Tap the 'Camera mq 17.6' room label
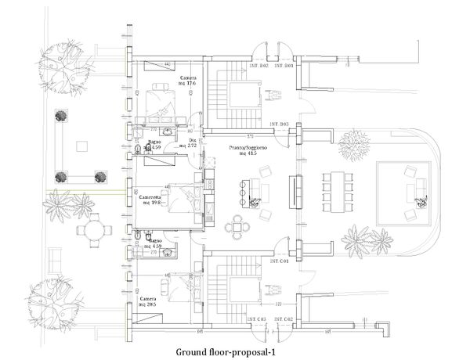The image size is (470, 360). click(x=188, y=83)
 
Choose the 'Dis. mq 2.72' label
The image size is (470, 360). click(x=188, y=144)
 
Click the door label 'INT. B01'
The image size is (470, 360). click(x=283, y=66)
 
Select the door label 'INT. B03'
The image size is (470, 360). click(x=279, y=125)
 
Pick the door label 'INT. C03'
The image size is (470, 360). click(x=258, y=319)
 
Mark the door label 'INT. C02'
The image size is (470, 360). click(x=283, y=319)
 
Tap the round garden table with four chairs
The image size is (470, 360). click(x=92, y=232)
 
